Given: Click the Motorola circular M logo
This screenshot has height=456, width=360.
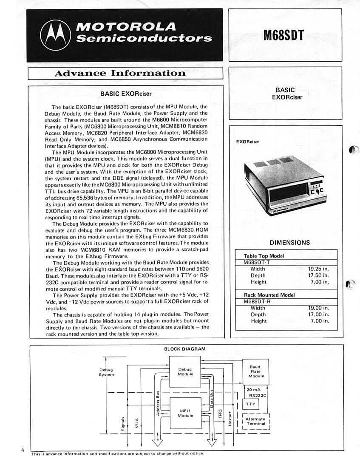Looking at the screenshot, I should coord(55,35).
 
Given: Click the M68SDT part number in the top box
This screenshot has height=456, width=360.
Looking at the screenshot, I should coord(284,35).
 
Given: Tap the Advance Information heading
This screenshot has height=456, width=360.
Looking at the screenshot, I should coord(120,73).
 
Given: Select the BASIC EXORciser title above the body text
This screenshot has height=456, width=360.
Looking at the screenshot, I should coord(126,93).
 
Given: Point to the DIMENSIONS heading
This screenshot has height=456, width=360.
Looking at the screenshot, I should coord(289,243).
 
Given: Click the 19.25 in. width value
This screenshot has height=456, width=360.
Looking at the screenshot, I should coord(318,269).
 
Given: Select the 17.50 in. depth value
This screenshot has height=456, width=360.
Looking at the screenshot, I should coord(318,275).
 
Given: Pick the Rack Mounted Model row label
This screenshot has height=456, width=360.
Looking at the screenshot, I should coord(269,295).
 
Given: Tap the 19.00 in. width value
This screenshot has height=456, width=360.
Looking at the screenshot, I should coord(318,308).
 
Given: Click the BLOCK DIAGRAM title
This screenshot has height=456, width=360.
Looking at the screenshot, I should coord(185,349).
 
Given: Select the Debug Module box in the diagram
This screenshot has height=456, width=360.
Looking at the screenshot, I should coord(185,371).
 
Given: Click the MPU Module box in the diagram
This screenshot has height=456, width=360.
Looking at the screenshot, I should coord(185,413).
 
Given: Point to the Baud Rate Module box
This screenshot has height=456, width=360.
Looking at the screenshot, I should coord(256,371).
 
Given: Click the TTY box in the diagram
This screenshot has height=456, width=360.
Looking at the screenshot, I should coord(250,404).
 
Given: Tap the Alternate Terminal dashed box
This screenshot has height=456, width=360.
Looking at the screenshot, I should coord(255,421).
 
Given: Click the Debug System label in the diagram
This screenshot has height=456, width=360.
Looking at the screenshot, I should coord(106,372).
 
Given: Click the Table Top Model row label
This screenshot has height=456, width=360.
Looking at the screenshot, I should coord(264,256).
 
